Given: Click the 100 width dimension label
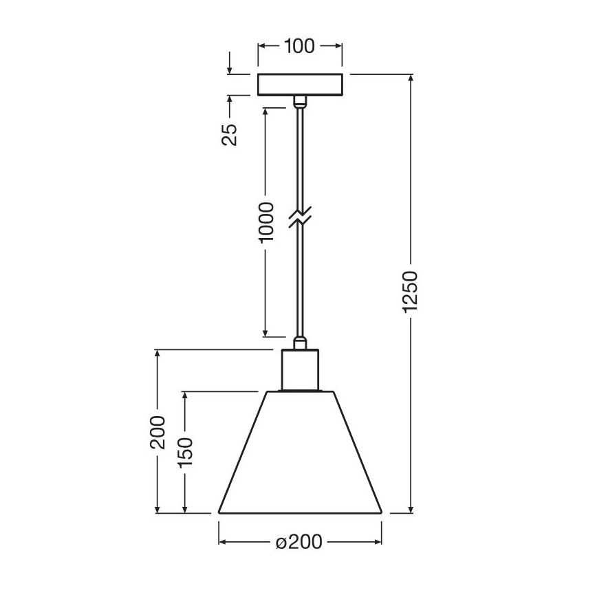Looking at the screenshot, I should pos(299,47).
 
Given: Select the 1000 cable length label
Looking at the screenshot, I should pos(267,221).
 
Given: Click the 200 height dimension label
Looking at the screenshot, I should pos(158,431).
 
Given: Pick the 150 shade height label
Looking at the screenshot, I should pos(184,453).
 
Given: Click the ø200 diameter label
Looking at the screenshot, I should pos(299,543).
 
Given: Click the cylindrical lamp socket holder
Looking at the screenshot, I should pos(300,370).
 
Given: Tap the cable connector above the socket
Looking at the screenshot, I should pos(299,342).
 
